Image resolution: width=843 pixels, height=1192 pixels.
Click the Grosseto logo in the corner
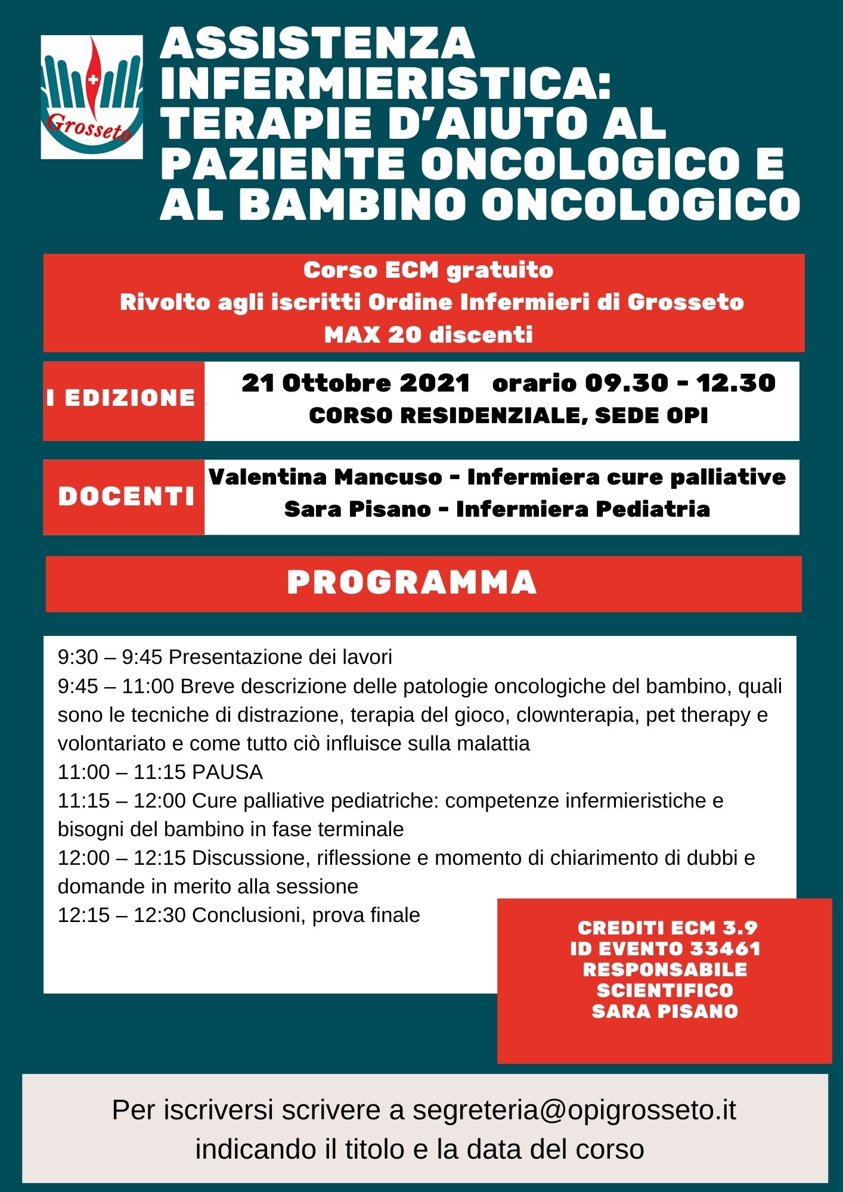pyautogui.click(x=92, y=97)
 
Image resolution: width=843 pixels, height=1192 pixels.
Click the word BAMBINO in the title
pyautogui.click(x=352, y=204)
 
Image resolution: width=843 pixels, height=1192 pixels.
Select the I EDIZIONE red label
pyautogui.click(x=122, y=398)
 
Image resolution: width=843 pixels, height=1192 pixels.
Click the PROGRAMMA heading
pyautogui.click(x=412, y=582)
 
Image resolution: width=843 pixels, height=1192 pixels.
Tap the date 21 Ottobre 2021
pyautogui.click(x=356, y=383)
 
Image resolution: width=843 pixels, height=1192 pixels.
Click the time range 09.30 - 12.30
pyautogui.click(x=680, y=383)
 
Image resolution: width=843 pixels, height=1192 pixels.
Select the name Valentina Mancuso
pyautogui.click(x=326, y=477)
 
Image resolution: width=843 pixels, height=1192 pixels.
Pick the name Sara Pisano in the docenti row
pyautogui.click(x=357, y=509)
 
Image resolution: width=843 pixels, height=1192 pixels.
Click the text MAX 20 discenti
pyautogui.click(x=428, y=334)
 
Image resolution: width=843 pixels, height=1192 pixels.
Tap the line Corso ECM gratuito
pyautogui.click(x=428, y=270)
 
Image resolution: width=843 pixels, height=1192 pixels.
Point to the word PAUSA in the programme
pyautogui.click(x=227, y=772)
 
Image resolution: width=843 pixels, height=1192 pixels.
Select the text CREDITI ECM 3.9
pyautogui.click(x=667, y=927)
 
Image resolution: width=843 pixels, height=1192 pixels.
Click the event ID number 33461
pyautogui.click(x=726, y=948)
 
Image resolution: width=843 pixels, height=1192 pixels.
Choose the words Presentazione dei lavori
pyautogui.click(x=280, y=657)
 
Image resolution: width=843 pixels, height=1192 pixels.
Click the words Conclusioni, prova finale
pyautogui.click(x=306, y=915)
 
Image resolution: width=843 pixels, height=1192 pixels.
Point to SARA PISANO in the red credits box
pyautogui.click(x=665, y=1011)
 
